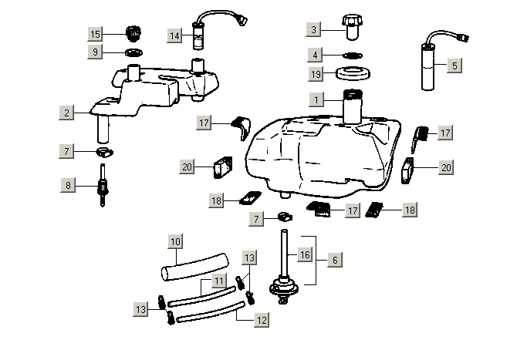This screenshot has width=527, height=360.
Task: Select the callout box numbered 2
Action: click(x=68, y=113)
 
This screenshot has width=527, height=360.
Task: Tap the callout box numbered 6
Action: click(x=334, y=261)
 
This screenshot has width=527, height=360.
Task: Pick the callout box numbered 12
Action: click(x=262, y=319)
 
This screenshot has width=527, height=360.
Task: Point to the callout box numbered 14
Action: click(x=175, y=35)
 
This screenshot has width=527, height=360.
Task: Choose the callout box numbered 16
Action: click(x=305, y=254)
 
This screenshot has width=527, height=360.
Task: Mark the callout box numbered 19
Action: click(x=315, y=74)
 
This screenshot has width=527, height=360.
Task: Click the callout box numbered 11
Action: click(x=219, y=281)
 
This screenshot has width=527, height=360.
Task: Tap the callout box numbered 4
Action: click(x=315, y=55)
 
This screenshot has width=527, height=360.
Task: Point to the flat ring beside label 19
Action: click(x=356, y=76)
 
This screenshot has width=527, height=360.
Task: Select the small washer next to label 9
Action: click(x=133, y=52)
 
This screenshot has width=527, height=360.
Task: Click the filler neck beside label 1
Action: click(x=353, y=106)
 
